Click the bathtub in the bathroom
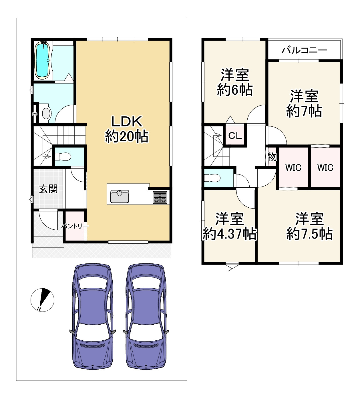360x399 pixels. click(43, 60)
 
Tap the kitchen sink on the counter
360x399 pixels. click(120, 196)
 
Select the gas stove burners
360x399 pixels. click(160, 197)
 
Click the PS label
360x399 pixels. click(35, 114)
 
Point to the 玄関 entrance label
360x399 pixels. click(48, 189)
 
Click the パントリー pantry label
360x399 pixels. click(75, 226)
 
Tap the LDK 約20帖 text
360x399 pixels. click(127, 129)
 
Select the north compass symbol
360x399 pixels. click(42, 300)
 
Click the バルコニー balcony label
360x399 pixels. click(304, 50)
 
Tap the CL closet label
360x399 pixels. click(235, 136)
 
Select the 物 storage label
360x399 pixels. click(272, 157)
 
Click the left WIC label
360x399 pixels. click(293, 168)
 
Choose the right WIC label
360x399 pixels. click(325, 168)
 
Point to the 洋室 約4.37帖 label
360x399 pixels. click(230, 226)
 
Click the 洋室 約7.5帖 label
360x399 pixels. click(309, 226)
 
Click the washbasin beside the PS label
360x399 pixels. click(46, 113)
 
